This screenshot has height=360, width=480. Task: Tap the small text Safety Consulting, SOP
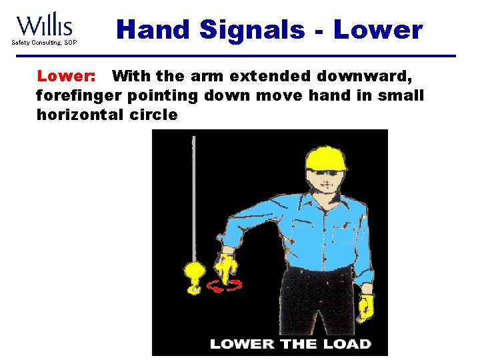click(44, 43)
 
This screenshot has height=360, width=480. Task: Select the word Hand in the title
click(153, 29)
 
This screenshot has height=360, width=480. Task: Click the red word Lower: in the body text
click(65, 77)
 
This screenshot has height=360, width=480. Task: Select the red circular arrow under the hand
click(225, 286)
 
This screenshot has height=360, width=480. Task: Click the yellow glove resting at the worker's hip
click(366, 306)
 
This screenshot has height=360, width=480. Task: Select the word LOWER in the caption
click(238, 344)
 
